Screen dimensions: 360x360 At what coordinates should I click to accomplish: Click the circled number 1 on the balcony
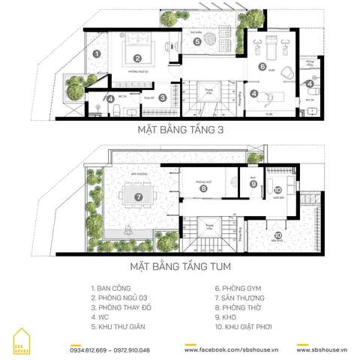click(x=96, y=53)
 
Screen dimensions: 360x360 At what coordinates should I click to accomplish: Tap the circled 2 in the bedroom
click(x=138, y=58)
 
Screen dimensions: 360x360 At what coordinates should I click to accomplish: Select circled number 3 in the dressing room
click(x=163, y=86)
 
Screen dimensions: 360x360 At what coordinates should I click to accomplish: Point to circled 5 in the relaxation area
click(x=197, y=42)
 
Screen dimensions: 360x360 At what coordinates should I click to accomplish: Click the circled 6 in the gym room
click(x=262, y=66)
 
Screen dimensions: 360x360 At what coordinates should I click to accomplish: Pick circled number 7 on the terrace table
click(x=138, y=197)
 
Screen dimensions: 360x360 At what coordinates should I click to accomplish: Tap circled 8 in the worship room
click(x=203, y=189)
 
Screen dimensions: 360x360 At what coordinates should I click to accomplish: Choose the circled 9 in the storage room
click(x=253, y=184)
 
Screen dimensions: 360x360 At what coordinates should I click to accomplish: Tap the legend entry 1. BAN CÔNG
click(x=113, y=288)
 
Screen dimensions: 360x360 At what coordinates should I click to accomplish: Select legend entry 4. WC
click(x=100, y=317)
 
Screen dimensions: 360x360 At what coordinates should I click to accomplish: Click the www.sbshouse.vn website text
click(x=322, y=349)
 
